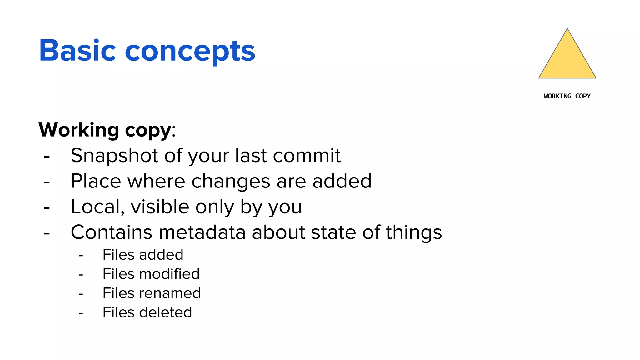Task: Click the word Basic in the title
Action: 77,51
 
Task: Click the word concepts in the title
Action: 190,52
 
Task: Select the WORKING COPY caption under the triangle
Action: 567,96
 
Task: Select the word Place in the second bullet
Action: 96,181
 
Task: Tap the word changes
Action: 231,182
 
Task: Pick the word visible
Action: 160,207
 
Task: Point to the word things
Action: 414,233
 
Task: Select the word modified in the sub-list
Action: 169,274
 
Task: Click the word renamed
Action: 170,293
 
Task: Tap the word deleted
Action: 166,312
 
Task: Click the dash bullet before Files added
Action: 81,256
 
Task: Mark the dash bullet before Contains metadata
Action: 47,233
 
